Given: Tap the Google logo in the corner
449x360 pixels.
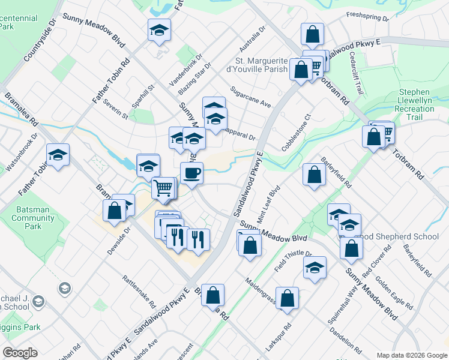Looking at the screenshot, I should click(x=20, y=353).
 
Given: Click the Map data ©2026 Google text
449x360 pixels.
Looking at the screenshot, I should click(x=412, y=355).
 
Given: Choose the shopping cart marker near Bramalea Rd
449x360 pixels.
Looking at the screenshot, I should click(x=163, y=188).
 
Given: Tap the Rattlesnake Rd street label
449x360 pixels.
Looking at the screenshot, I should click(x=139, y=288).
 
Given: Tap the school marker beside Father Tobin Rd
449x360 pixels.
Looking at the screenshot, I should click(x=58, y=156).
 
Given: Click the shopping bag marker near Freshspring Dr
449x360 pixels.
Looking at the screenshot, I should click(x=312, y=35).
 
